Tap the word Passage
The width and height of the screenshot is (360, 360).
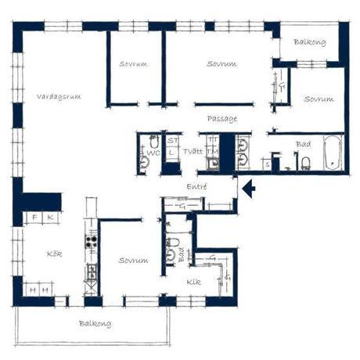pyautogui.click(x=222, y=119)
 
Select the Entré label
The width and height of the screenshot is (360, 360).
pyautogui.click(x=196, y=188)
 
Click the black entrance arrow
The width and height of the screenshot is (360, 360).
pyautogui.click(x=248, y=189)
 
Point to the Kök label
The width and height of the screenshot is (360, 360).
pyautogui.click(x=54, y=254)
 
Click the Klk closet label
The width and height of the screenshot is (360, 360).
pyautogui.click(x=194, y=282)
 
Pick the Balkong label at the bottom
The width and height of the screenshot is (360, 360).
pyautogui.click(x=94, y=323)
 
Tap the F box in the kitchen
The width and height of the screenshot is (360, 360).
pyautogui.click(x=35, y=217)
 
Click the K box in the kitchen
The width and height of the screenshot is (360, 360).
pyautogui.click(x=50, y=217)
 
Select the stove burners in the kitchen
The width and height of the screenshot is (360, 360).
pyautogui.click(x=92, y=236)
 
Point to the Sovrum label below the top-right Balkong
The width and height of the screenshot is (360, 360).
pyautogui.click(x=319, y=99)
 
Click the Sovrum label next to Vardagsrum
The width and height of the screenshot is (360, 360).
pyautogui.click(x=134, y=63)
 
